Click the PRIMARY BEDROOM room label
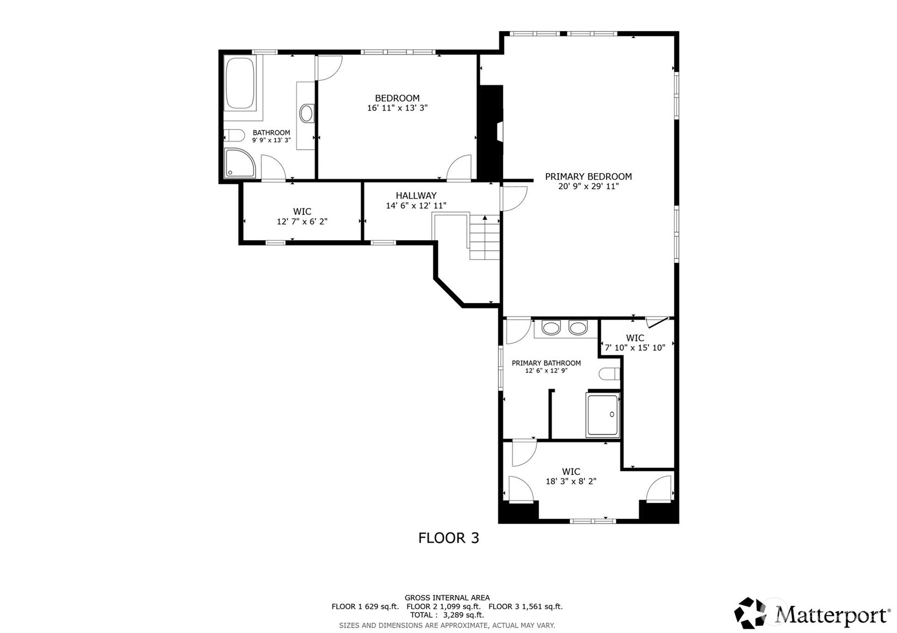588,177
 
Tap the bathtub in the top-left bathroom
240,83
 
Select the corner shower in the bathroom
239,163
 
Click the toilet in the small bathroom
234,136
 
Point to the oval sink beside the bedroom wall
307,113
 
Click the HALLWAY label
416,195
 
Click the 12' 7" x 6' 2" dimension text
302,222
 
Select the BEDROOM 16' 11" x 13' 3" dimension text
397,108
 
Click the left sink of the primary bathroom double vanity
551,328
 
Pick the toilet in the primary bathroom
609,374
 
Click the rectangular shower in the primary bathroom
603,415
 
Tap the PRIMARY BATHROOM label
546,363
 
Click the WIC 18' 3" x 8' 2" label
571,476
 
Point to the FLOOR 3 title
448,538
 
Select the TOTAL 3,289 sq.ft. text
447,615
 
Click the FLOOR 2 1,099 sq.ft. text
443,606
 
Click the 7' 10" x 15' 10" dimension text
635,348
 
